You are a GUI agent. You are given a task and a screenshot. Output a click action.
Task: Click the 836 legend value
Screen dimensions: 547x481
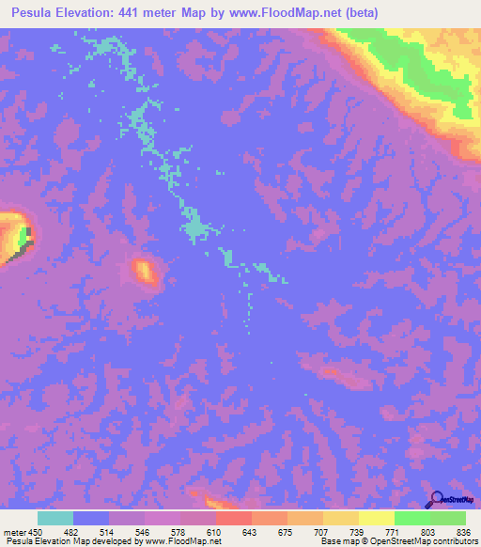click(462, 532)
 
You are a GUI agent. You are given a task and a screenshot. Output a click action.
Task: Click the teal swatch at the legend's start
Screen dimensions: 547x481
click(55, 518)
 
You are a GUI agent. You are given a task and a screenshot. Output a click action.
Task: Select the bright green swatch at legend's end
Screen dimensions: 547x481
click(448, 518)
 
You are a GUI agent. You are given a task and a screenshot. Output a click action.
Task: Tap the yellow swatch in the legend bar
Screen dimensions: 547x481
click(376, 518)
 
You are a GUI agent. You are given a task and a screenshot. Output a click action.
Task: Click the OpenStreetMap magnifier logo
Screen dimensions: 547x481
click(437, 498)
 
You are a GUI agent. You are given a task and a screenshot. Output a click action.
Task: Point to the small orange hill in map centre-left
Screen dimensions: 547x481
click(145, 272)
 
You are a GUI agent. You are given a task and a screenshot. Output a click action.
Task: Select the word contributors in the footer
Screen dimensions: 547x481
click(454, 542)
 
